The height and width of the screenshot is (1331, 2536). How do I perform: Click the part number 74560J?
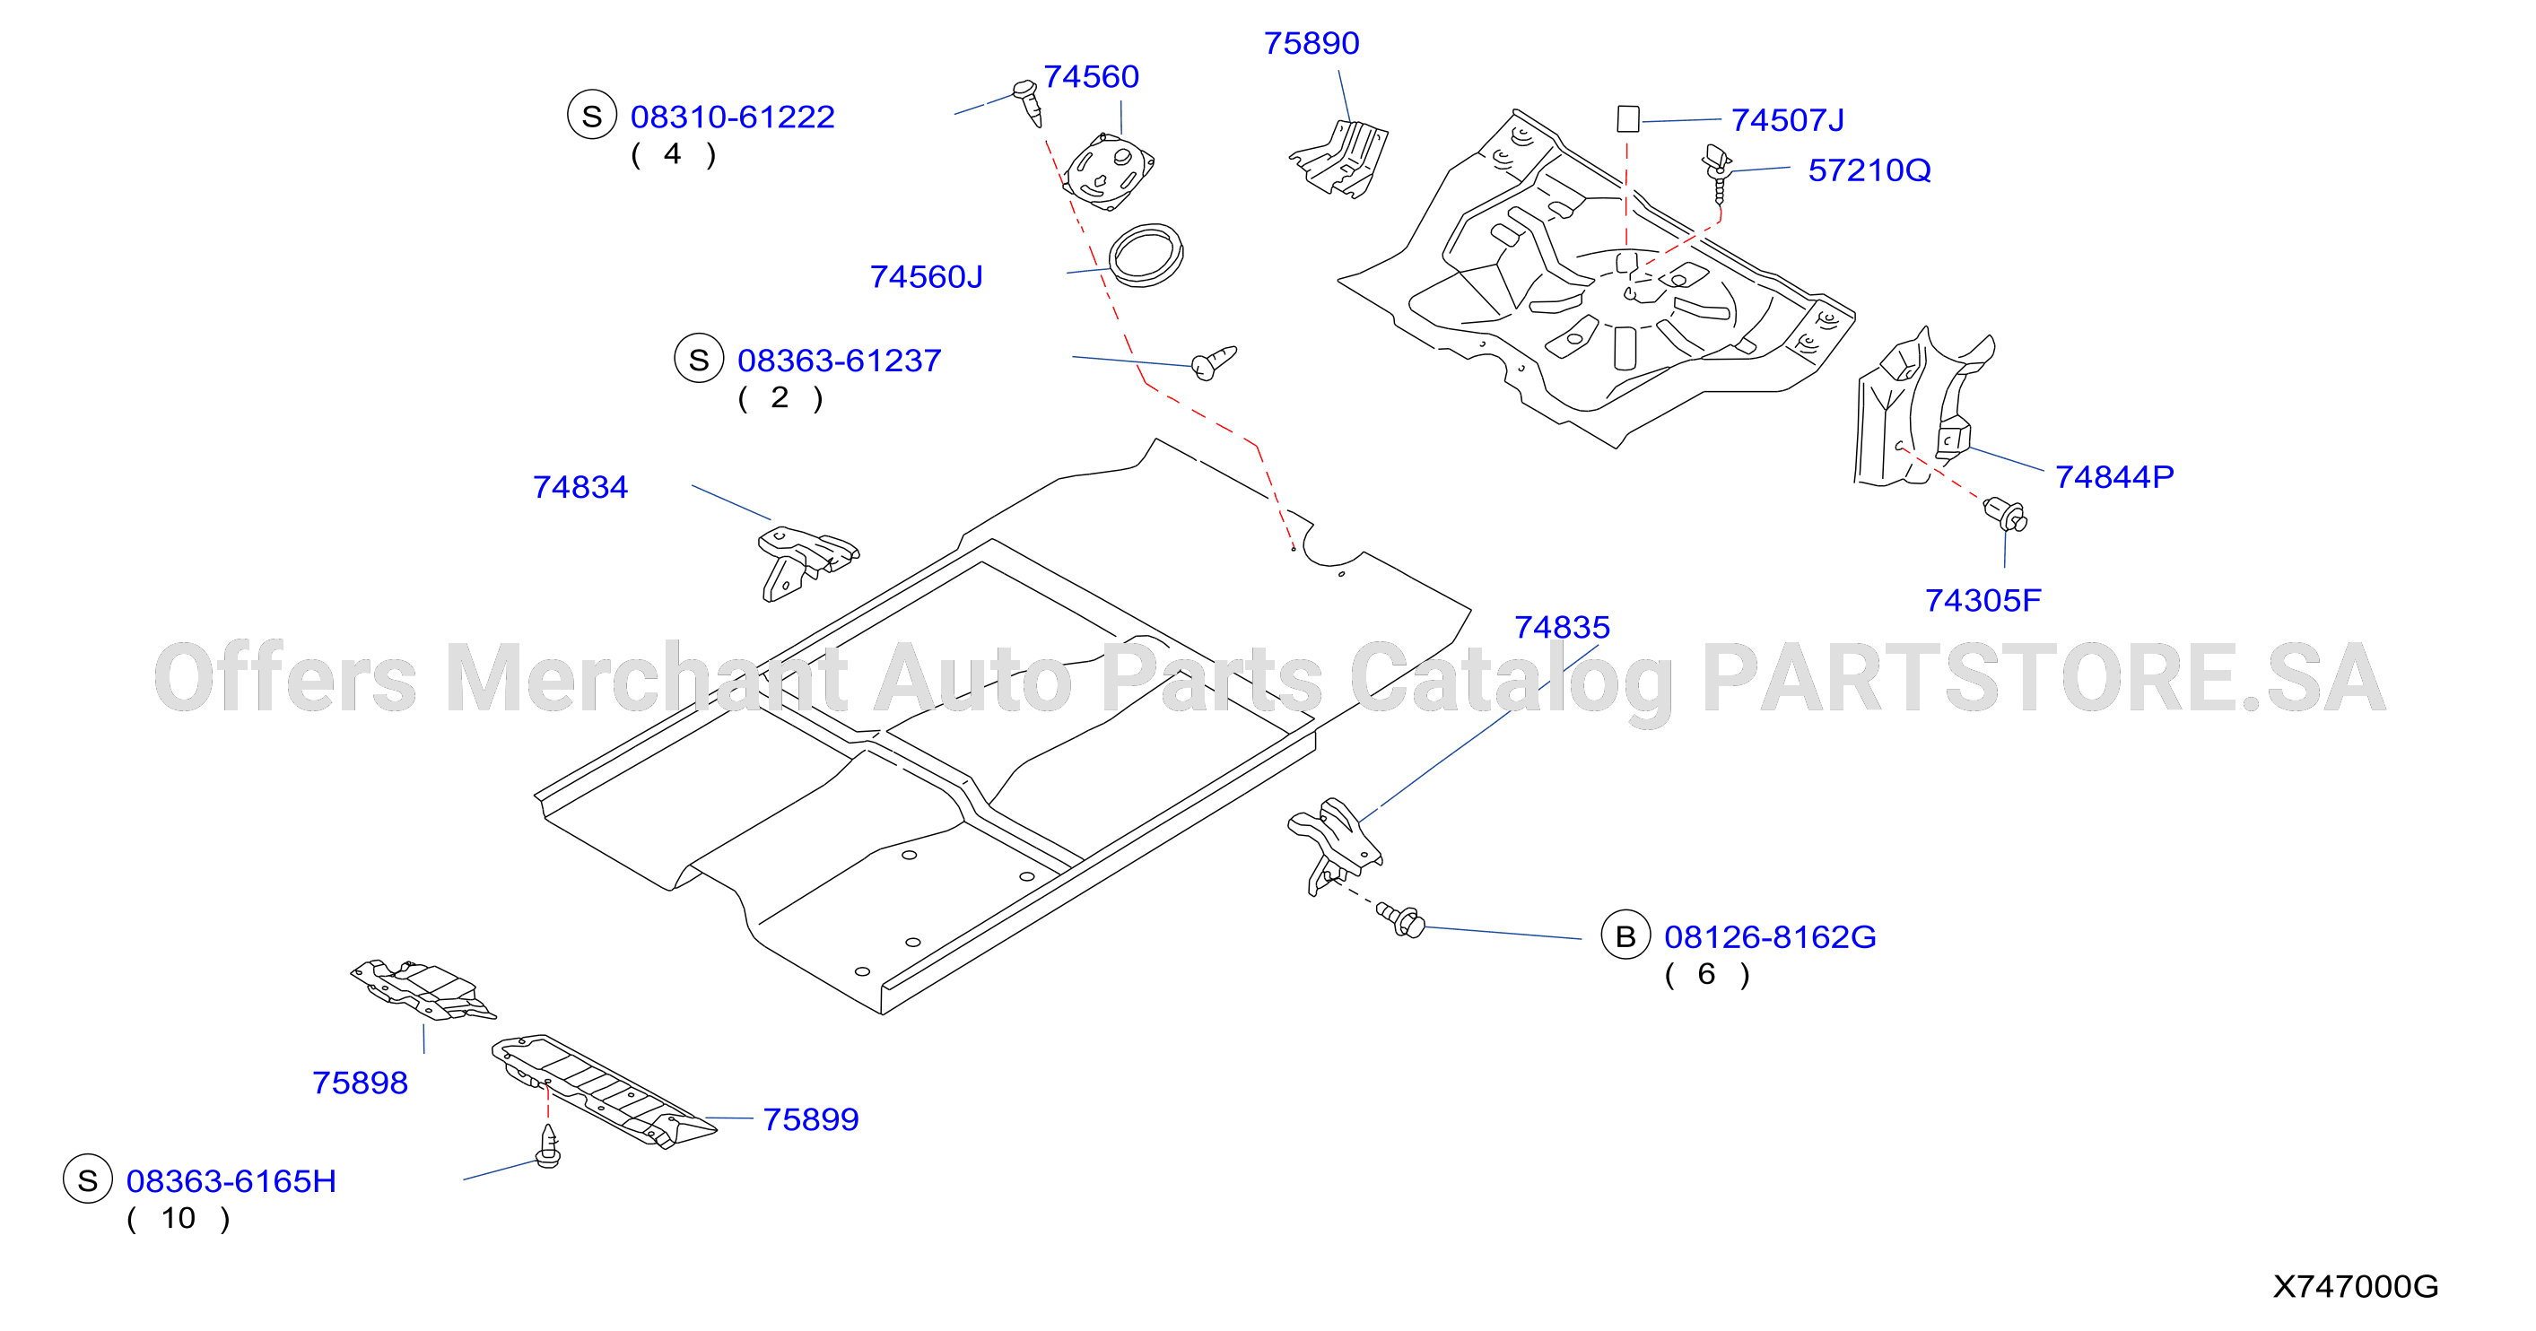pos(926,276)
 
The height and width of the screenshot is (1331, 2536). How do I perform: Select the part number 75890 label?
pos(1312,43)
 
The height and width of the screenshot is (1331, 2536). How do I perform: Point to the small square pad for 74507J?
pos(1628,119)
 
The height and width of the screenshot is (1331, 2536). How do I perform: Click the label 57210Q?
pos(1869,170)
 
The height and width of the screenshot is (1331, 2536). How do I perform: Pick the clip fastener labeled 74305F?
pos(2005,515)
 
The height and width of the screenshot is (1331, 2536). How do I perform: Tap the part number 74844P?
pos(2113,476)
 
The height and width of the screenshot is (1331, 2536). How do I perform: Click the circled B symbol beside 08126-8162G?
pos(1625,935)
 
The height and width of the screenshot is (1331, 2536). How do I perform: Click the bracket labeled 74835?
pos(1335,845)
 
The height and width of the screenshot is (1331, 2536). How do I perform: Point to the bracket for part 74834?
pos(806,561)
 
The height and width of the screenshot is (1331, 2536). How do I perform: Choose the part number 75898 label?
pos(360,1083)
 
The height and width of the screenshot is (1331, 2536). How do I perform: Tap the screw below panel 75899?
pos(548,1146)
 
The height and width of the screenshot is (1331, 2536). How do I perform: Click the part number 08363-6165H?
pos(231,1180)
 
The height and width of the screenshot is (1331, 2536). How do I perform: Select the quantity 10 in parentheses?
pos(179,1218)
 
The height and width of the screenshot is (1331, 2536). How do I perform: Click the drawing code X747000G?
pos(2355,1286)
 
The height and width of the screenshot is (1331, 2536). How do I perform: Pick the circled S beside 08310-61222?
pos(592,115)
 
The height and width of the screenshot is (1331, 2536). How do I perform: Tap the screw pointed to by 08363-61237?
pos(1214,361)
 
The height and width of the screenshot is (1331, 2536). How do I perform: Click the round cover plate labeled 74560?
pos(1110,171)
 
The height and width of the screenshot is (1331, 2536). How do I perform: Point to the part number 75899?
pos(810,1119)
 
